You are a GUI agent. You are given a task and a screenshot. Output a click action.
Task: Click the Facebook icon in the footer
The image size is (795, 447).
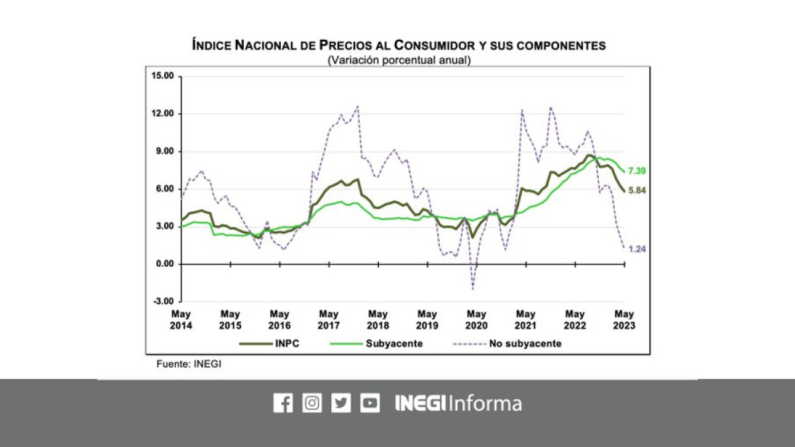pyautogui.click(x=283, y=403)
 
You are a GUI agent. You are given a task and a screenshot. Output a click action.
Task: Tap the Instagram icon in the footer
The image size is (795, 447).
pyautogui.click(x=312, y=403)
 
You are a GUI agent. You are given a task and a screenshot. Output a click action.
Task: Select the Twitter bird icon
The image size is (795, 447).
pyautogui.click(x=341, y=403)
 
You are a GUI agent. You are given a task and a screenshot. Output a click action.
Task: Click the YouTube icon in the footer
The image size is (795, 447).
pyautogui.click(x=370, y=403)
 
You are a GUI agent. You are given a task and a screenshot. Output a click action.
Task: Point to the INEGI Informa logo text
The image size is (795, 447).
pyautogui.click(x=458, y=403)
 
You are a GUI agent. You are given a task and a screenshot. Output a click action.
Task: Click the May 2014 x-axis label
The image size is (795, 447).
pyautogui.click(x=181, y=320)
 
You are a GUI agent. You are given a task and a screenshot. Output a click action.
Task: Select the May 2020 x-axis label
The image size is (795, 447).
pyautogui.click(x=476, y=320)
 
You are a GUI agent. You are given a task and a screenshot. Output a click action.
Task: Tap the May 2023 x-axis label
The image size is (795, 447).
pyautogui.click(x=624, y=320)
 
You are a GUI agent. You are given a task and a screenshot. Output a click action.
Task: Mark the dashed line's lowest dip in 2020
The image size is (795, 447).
pyautogui.click(x=473, y=289)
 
